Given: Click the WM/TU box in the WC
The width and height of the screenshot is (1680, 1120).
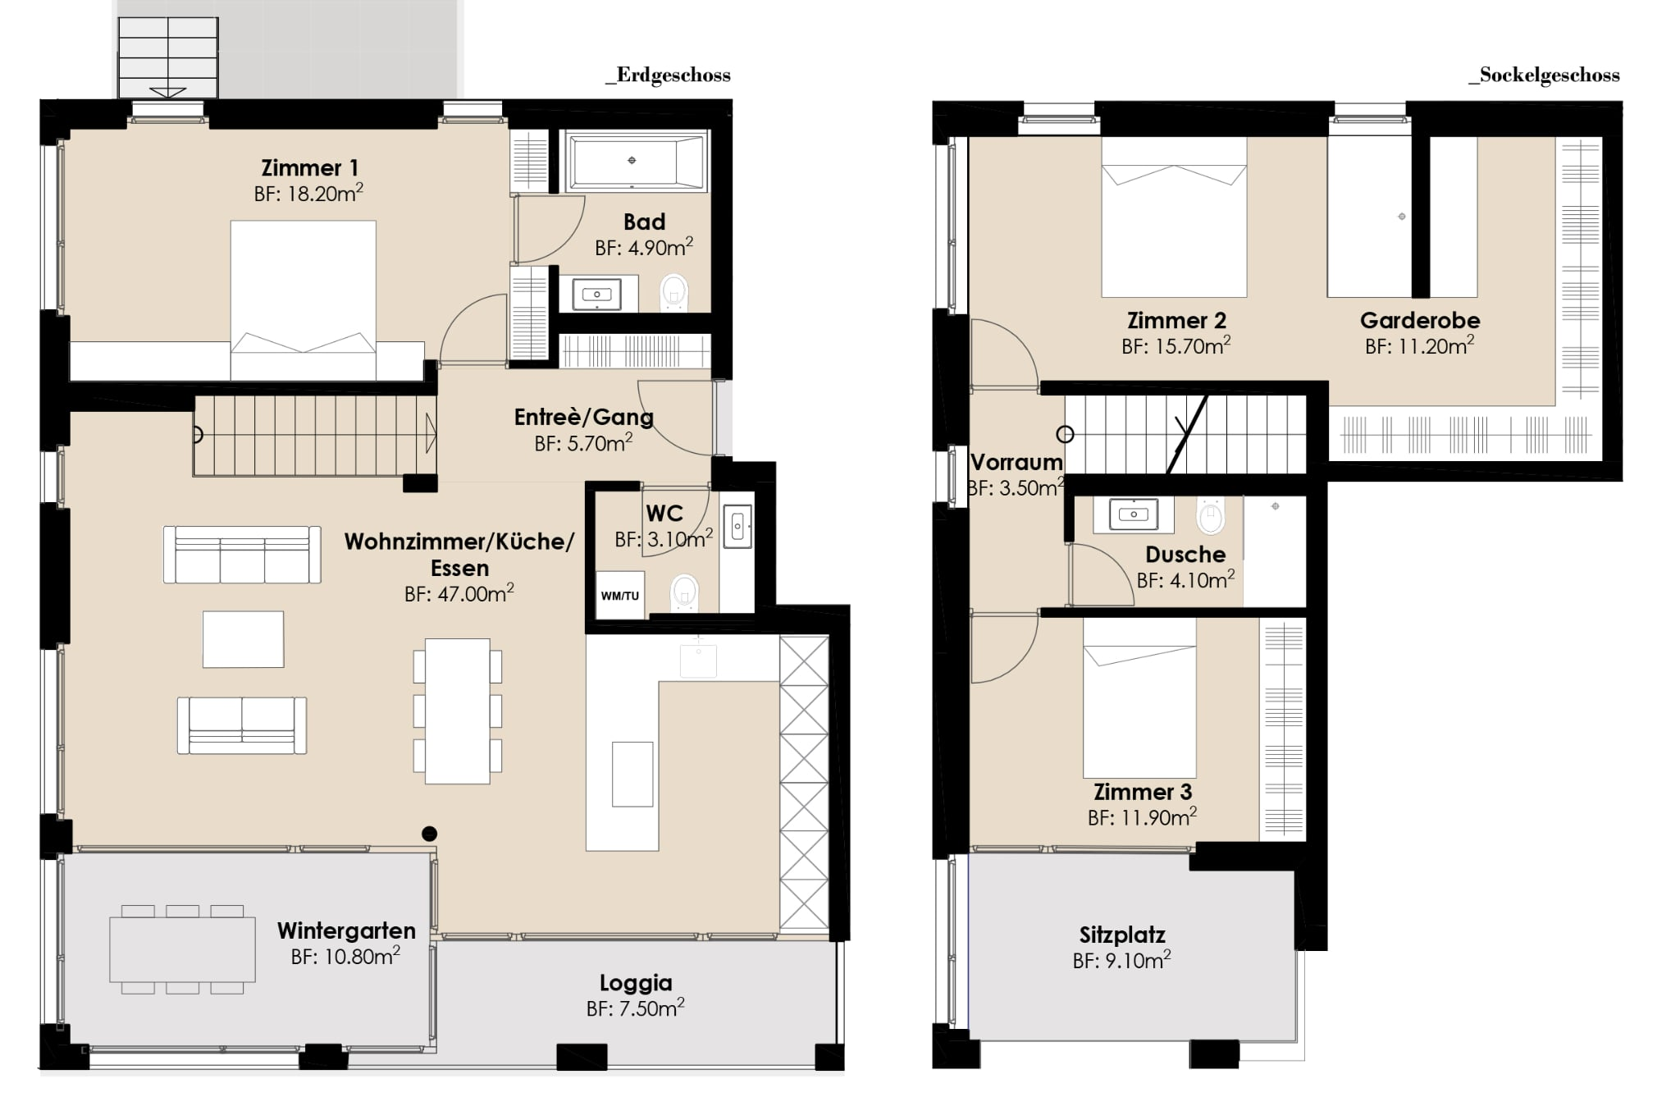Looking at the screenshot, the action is (x=619, y=595).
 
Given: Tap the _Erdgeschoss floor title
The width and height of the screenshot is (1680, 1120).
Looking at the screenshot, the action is (x=668, y=75).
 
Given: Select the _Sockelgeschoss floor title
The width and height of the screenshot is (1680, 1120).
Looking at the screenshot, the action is (x=1544, y=75).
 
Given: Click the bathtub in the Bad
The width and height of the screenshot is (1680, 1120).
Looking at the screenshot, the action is (x=632, y=162).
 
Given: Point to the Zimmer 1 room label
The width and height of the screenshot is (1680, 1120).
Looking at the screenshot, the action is (x=310, y=168).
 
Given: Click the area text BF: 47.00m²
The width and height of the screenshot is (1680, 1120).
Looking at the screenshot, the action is (x=459, y=594).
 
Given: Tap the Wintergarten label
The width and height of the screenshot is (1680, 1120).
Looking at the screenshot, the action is (x=346, y=931).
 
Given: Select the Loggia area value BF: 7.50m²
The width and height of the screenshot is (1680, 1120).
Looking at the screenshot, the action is (x=636, y=1008).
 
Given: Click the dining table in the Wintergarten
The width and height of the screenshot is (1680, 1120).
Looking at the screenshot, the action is (x=183, y=949).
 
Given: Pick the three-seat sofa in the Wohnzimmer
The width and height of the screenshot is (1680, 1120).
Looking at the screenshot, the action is (x=242, y=555).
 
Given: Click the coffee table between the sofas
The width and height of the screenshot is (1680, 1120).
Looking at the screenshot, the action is (x=244, y=639).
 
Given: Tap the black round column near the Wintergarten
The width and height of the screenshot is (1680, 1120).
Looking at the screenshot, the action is (x=429, y=834).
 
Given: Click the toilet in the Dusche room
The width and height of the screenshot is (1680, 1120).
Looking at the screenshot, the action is (x=1211, y=516).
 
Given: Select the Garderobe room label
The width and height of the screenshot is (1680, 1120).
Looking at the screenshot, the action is (x=1420, y=321).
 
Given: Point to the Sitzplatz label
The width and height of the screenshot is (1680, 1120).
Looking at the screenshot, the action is (x=1122, y=935).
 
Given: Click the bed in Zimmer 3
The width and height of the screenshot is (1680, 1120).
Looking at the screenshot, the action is (x=1139, y=697).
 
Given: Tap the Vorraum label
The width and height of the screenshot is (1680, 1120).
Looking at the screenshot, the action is (x=1016, y=463).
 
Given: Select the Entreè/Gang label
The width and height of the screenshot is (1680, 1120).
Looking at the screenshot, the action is (x=584, y=418).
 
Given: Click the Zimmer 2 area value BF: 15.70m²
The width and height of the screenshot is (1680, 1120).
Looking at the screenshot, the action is (x=1176, y=347).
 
